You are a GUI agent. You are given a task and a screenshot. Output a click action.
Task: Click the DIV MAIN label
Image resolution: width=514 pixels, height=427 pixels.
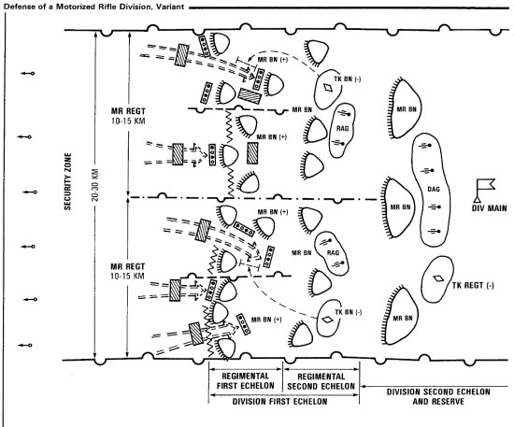coord(489,207)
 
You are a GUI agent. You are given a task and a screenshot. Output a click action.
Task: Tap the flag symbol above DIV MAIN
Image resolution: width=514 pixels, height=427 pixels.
coord(484,190)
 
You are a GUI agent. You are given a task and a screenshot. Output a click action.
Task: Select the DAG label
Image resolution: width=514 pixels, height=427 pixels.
coord(434,189)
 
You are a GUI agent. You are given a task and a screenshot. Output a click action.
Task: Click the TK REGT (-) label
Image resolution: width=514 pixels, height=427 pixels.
coord(473,285)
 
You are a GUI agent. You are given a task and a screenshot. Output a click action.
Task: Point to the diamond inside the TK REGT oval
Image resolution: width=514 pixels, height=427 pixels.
coord(438,278)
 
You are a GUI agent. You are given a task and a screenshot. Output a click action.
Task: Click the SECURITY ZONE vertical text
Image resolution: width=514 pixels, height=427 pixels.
coord(67,181)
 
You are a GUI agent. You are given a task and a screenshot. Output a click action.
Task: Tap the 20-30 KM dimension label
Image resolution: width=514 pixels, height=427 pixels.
coord(95,185)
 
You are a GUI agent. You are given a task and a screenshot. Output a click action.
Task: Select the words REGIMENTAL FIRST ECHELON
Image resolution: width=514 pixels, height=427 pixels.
coord(245,381)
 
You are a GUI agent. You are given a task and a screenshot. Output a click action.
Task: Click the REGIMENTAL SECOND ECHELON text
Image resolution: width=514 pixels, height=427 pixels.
coord(321,381)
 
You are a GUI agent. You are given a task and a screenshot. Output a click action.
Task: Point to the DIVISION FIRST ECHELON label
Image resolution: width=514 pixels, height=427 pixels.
coord(279,402)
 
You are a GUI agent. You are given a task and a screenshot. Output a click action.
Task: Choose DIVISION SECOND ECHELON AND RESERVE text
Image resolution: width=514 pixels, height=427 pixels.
coord(438,396)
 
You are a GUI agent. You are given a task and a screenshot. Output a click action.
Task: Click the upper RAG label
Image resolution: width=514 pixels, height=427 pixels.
coord(342,128)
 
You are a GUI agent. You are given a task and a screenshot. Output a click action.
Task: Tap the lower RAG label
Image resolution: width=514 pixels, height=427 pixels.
coord(333,252)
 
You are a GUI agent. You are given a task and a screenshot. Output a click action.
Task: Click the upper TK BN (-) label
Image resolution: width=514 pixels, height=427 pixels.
coord(347,79)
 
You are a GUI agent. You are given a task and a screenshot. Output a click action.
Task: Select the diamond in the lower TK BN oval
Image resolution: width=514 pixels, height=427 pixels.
coord(327,320)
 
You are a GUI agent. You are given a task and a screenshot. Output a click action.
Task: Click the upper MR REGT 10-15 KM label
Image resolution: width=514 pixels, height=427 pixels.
coord(128,116)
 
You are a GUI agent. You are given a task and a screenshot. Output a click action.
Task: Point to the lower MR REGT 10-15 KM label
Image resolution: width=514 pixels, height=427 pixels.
coord(127,271)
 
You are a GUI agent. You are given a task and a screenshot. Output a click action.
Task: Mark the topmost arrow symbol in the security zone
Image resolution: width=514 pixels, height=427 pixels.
coord(27,74)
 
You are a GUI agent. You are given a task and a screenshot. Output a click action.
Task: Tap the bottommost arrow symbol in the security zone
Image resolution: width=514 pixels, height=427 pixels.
coord(25,345)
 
